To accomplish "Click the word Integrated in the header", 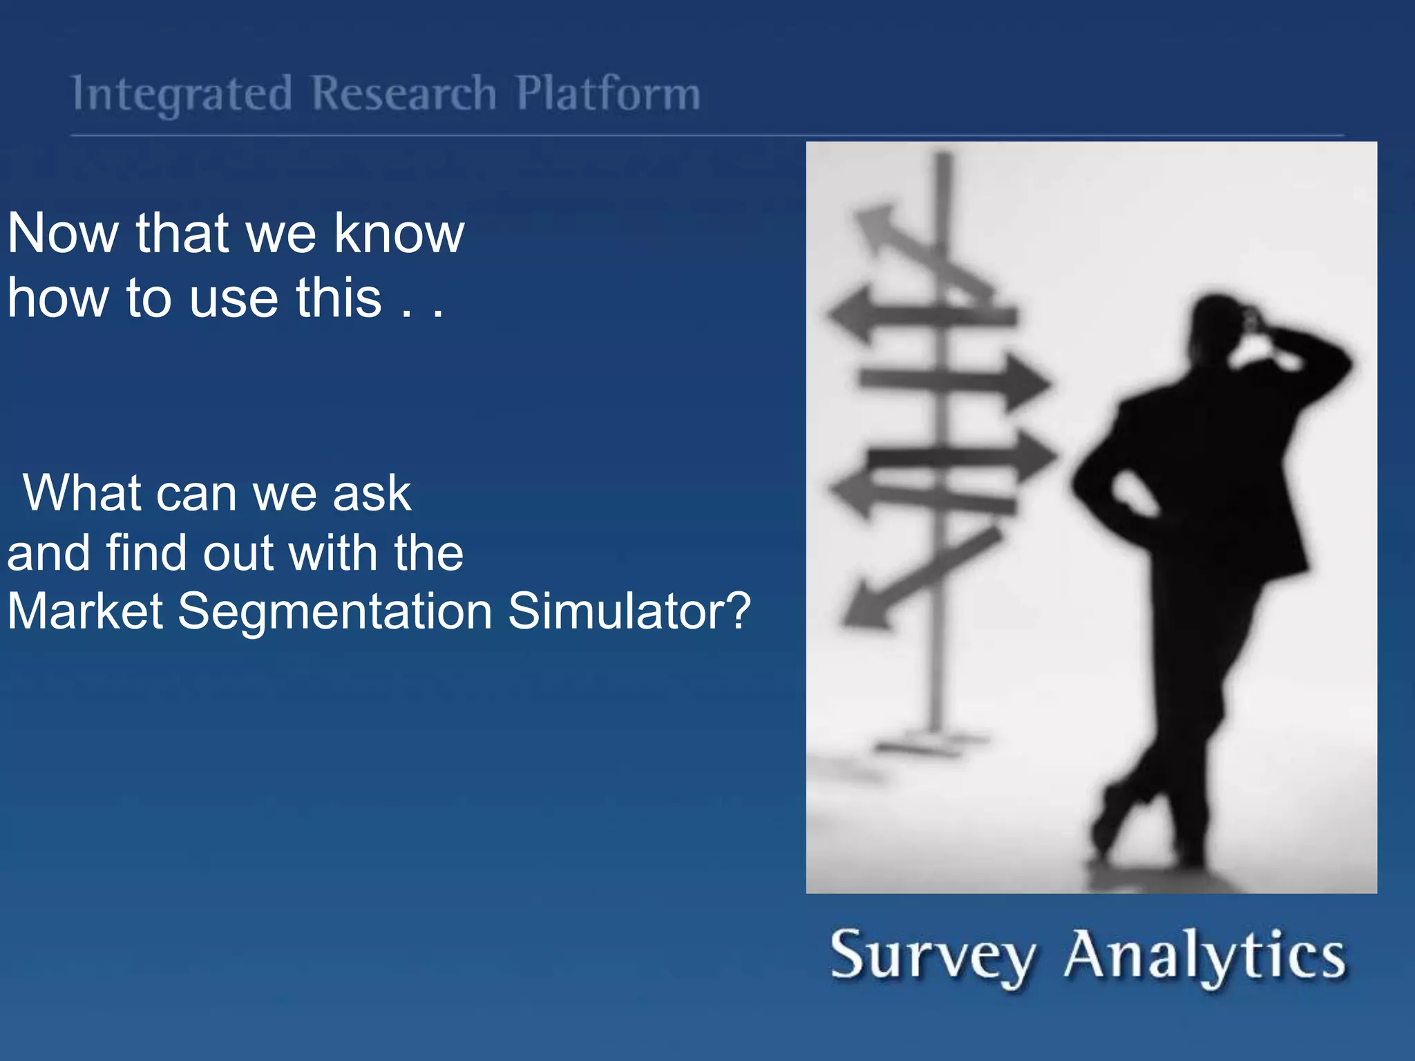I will point(182,94).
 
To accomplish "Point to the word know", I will point(399,233).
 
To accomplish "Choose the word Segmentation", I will point(335,612).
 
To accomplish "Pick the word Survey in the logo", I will point(933,956).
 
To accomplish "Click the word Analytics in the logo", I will point(1205,956).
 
